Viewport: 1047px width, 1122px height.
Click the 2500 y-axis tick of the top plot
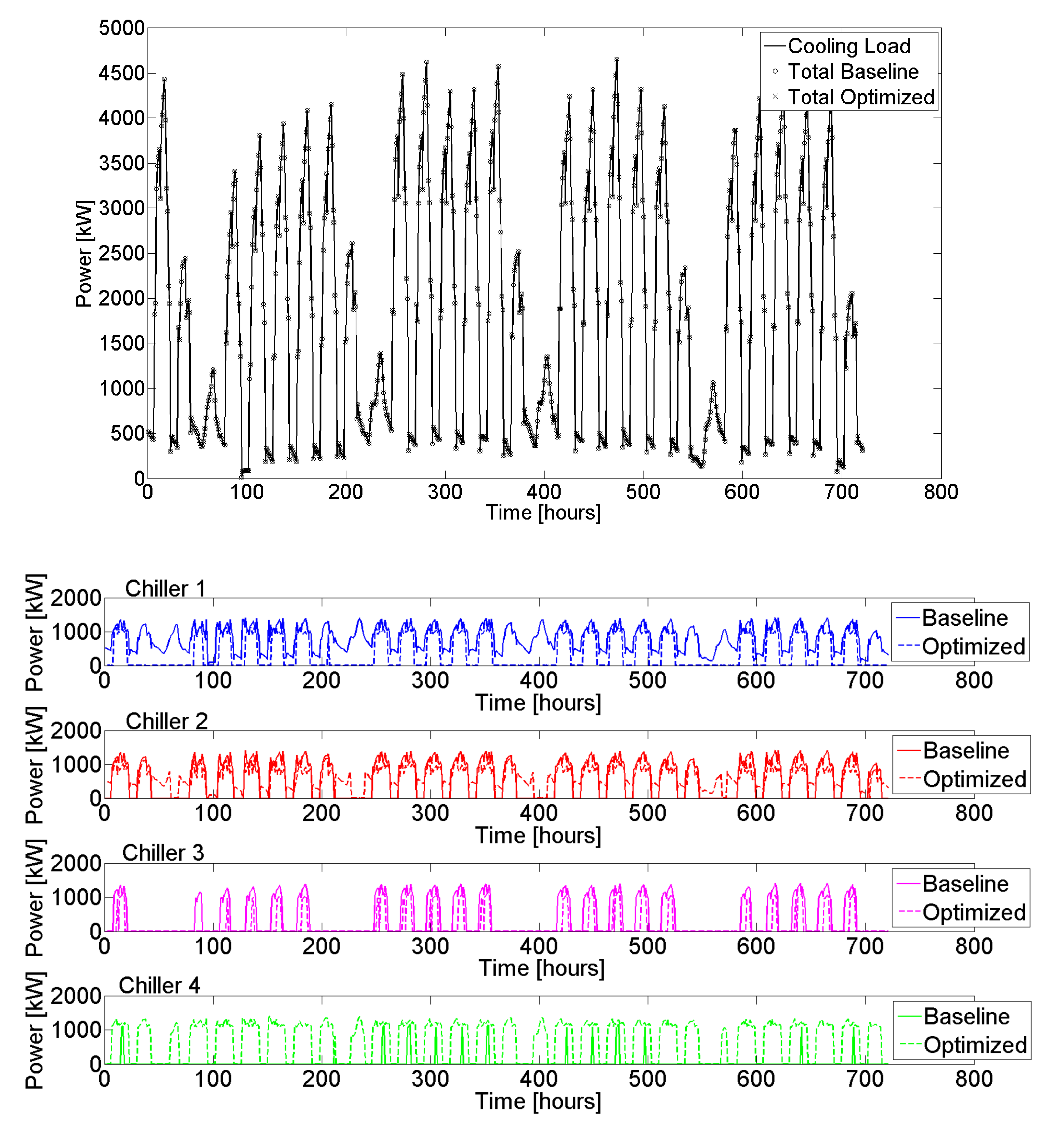click(122, 253)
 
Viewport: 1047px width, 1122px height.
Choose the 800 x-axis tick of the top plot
click(940, 492)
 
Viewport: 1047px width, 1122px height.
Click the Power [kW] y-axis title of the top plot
click(84, 253)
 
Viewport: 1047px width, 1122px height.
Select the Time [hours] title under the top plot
click(543, 512)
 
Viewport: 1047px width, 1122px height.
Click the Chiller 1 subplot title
click(165, 589)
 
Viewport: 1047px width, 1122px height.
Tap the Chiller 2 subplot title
click(166, 721)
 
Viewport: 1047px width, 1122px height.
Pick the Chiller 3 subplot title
click(163, 853)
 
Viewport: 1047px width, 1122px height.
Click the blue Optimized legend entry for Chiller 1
click(973, 646)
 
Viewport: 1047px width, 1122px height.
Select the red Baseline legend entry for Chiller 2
click(966, 751)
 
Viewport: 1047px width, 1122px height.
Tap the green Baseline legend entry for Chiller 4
click(966, 1017)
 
